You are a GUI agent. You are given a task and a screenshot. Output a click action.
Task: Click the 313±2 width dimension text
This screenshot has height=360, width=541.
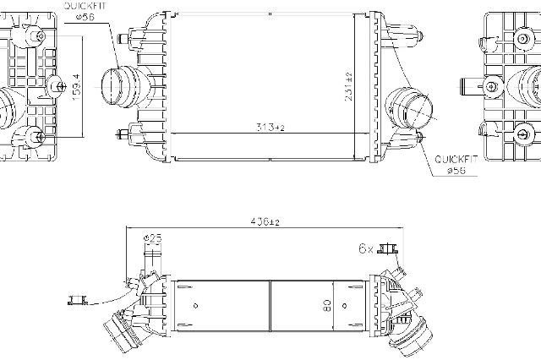[x=270, y=128]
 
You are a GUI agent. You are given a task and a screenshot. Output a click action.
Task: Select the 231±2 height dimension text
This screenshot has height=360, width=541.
[x=348, y=86]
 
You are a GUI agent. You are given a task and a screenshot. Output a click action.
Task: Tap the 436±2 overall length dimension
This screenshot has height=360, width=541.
[x=265, y=221]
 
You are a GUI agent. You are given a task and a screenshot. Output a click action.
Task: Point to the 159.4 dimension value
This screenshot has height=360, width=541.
[x=76, y=87]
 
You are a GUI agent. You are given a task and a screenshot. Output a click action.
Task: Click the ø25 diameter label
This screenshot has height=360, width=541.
[x=152, y=238]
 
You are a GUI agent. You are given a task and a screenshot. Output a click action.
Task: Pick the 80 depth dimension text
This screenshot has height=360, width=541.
[x=327, y=305]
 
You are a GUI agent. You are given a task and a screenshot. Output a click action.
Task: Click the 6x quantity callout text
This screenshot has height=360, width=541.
[x=366, y=248]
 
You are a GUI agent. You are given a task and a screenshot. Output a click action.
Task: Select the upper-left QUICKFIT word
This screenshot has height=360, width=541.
[x=85, y=6]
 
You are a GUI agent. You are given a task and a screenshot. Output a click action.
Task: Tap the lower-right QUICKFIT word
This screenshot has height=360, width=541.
[x=456, y=160]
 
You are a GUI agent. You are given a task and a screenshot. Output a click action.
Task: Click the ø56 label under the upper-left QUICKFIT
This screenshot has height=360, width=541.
[x=85, y=17]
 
